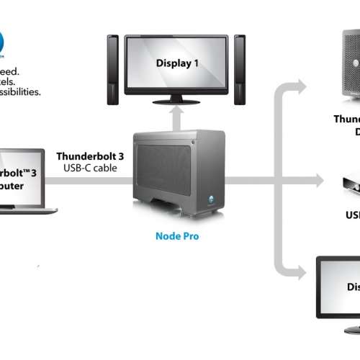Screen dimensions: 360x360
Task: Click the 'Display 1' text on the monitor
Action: pos(177,63)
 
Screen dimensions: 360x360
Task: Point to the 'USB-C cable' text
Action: pos(89,168)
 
